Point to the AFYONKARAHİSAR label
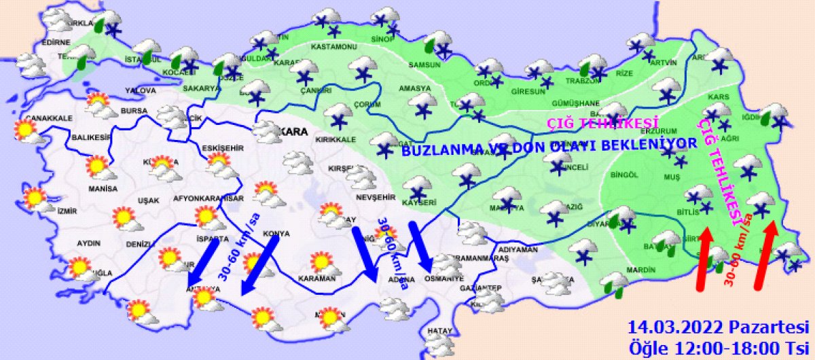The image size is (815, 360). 209,198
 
